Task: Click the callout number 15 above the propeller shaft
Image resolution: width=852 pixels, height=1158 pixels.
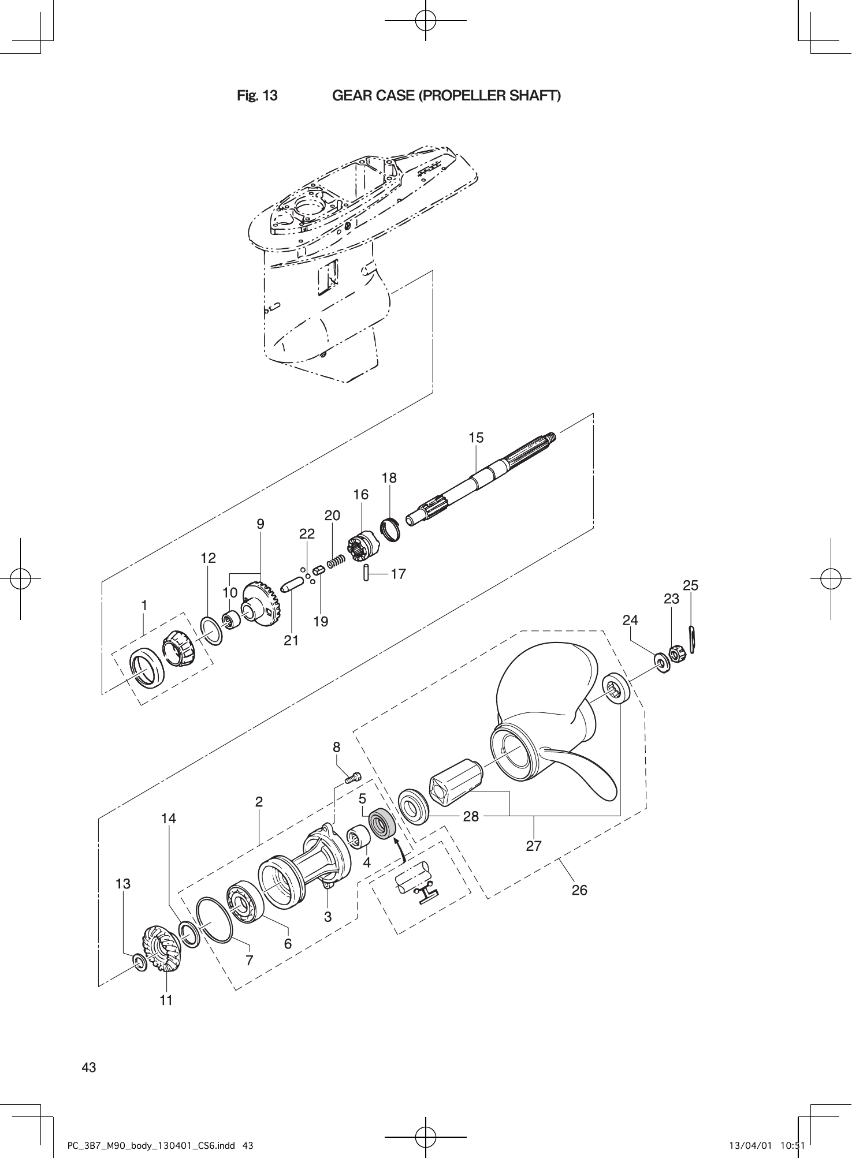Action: click(475, 438)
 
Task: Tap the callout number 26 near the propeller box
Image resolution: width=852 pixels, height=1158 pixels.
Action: click(579, 890)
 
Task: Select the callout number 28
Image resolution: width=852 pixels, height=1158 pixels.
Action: click(471, 816)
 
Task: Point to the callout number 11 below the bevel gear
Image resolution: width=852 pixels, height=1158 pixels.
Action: click(166, 1000)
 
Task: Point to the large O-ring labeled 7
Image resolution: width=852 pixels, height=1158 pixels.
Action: click(214, 920)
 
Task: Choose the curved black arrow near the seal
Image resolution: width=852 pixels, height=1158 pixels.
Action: click(400, 850)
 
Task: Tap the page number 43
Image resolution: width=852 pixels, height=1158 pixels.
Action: click(89, 1067)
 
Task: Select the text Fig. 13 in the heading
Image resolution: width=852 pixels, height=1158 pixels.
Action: click(257, 95)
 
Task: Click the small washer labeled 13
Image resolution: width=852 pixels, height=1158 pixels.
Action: click(140, 962)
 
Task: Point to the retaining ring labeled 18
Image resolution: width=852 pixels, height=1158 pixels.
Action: click(392, 530)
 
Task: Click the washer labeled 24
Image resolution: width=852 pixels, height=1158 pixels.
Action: click(660, 661)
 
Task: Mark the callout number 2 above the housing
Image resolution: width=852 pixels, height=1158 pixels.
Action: click(259, 802)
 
